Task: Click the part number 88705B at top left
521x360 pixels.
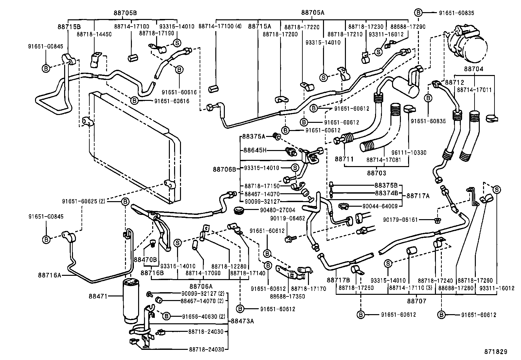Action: tap(125, 13)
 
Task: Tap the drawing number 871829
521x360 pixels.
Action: tap(495, 351)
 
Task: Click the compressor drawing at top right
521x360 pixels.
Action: tap(468, 46)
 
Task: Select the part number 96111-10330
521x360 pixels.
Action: tap(409, 153)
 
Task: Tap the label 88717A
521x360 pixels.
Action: tap(418, 196)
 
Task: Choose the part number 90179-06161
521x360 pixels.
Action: tap(400, 220)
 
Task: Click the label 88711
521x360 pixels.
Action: tap(344, 159)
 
